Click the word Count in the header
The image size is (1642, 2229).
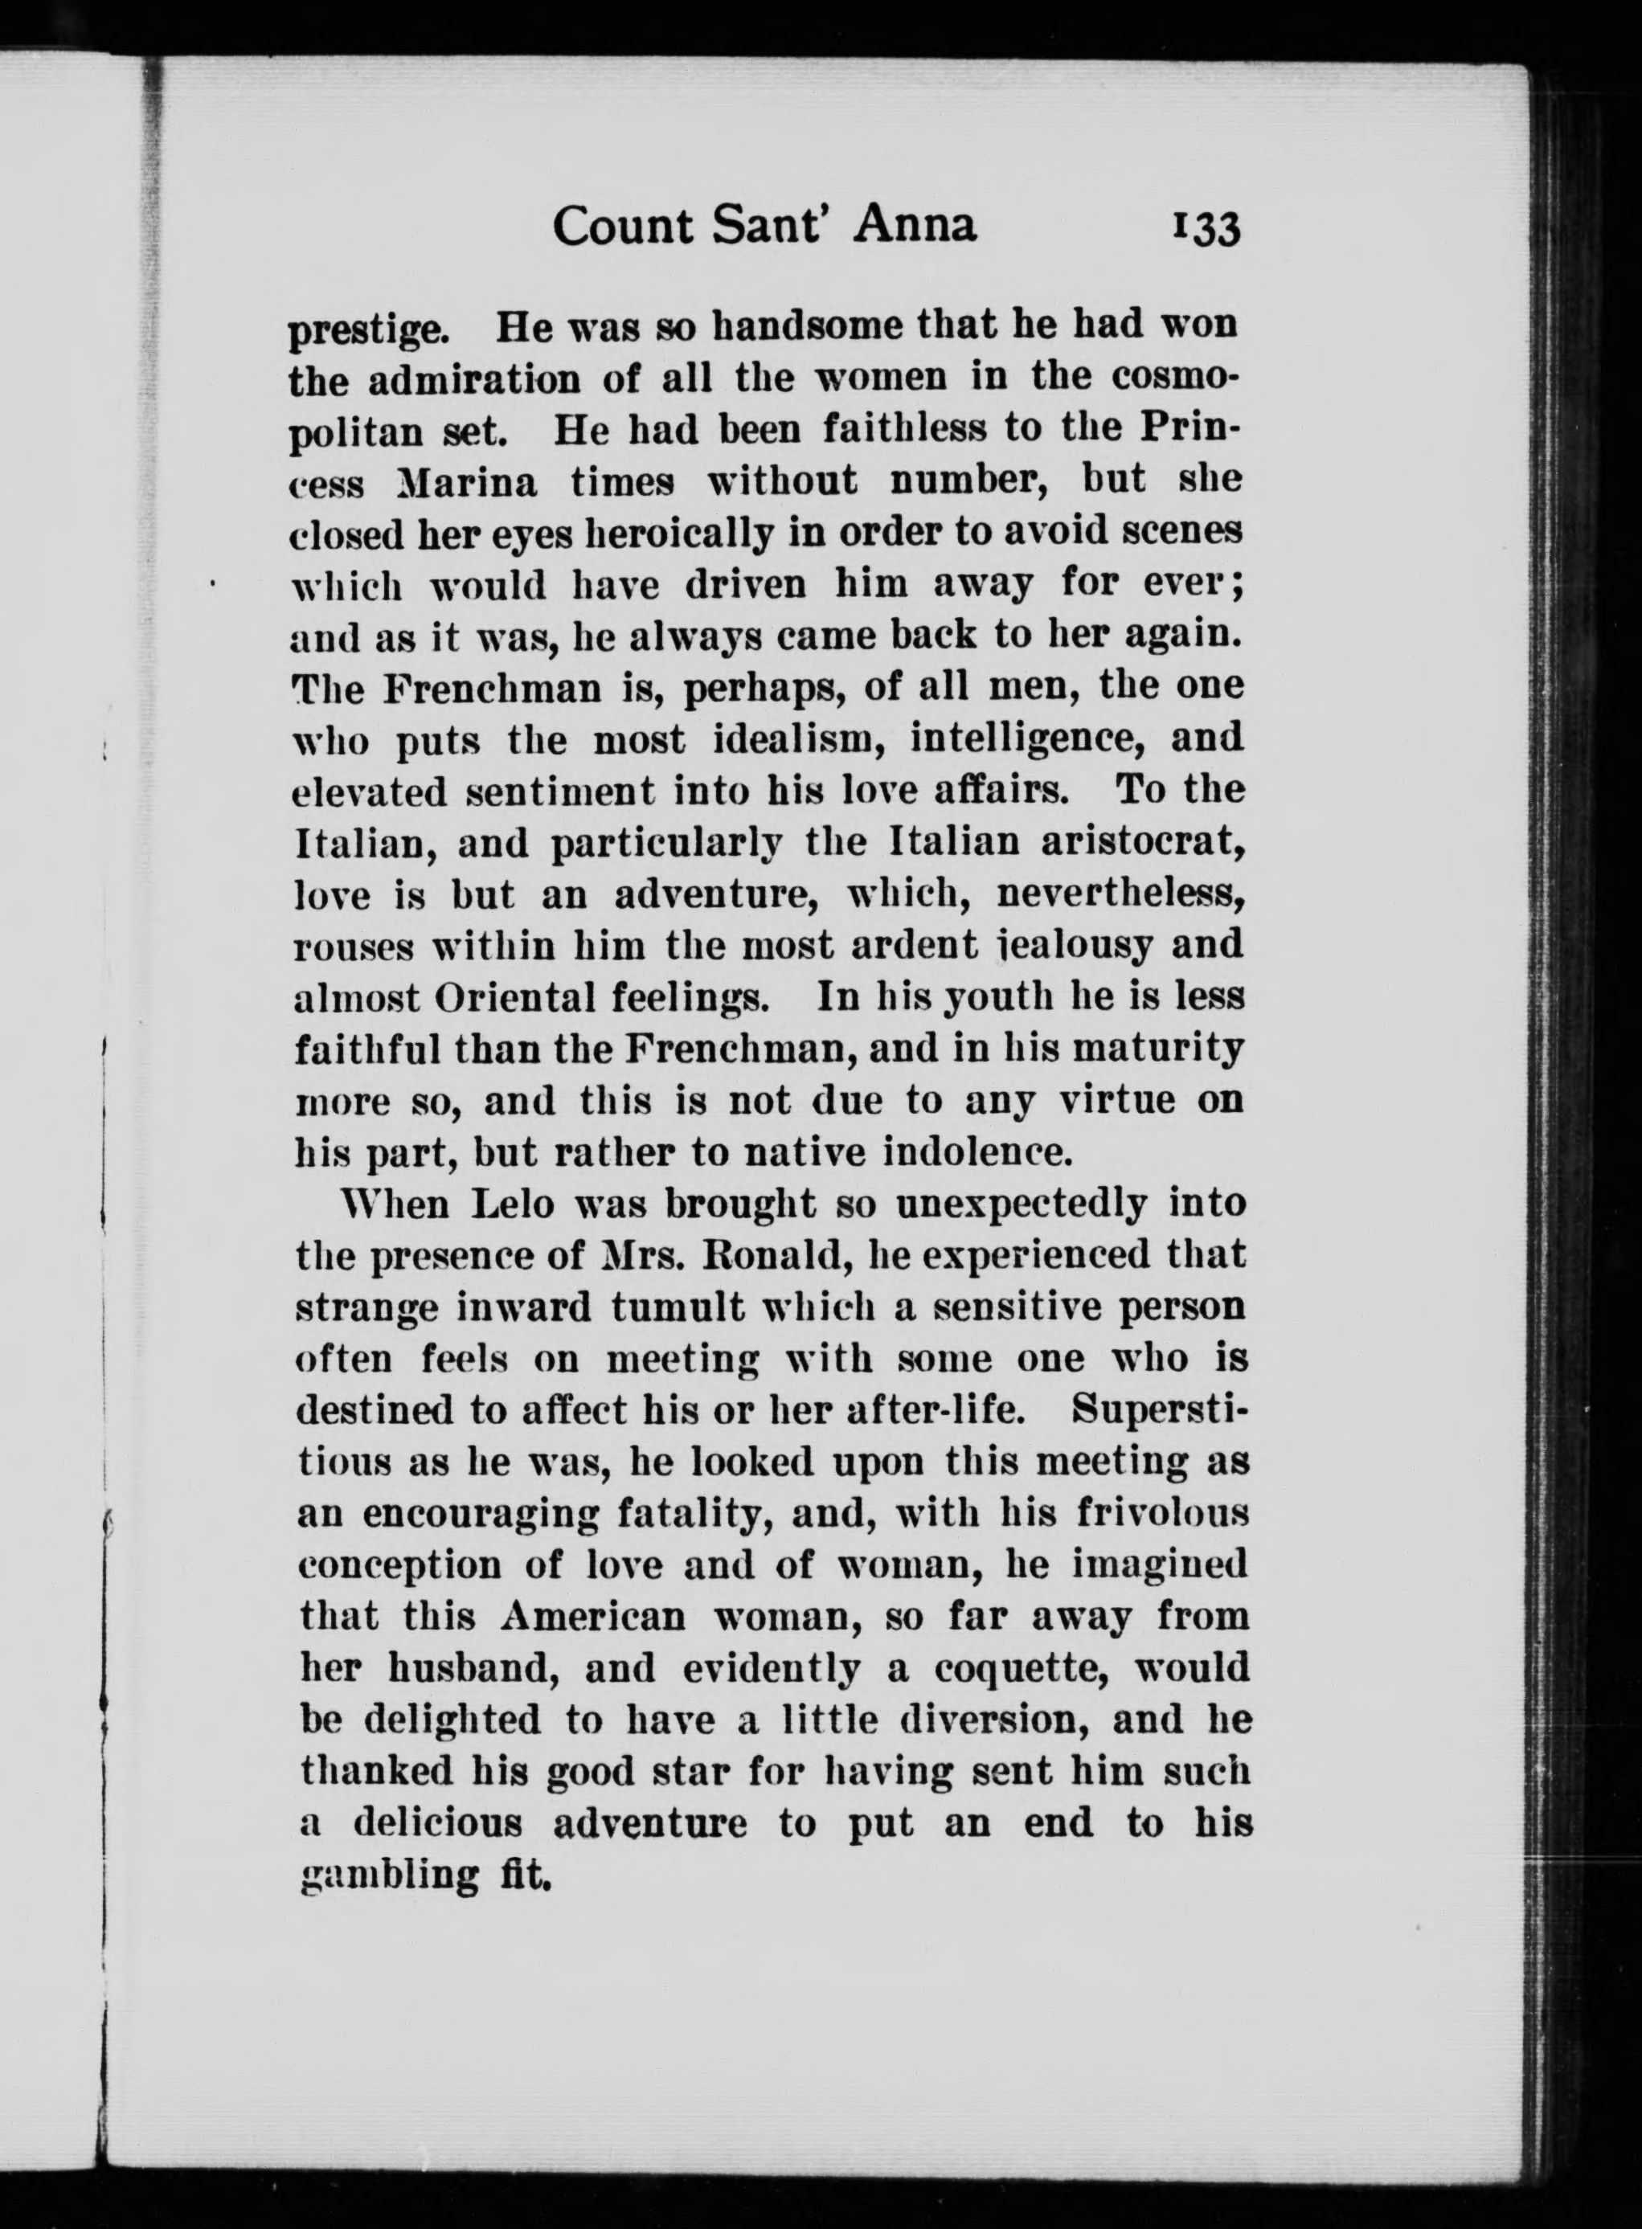coord(622,227)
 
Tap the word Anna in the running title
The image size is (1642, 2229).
coord(915,226)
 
